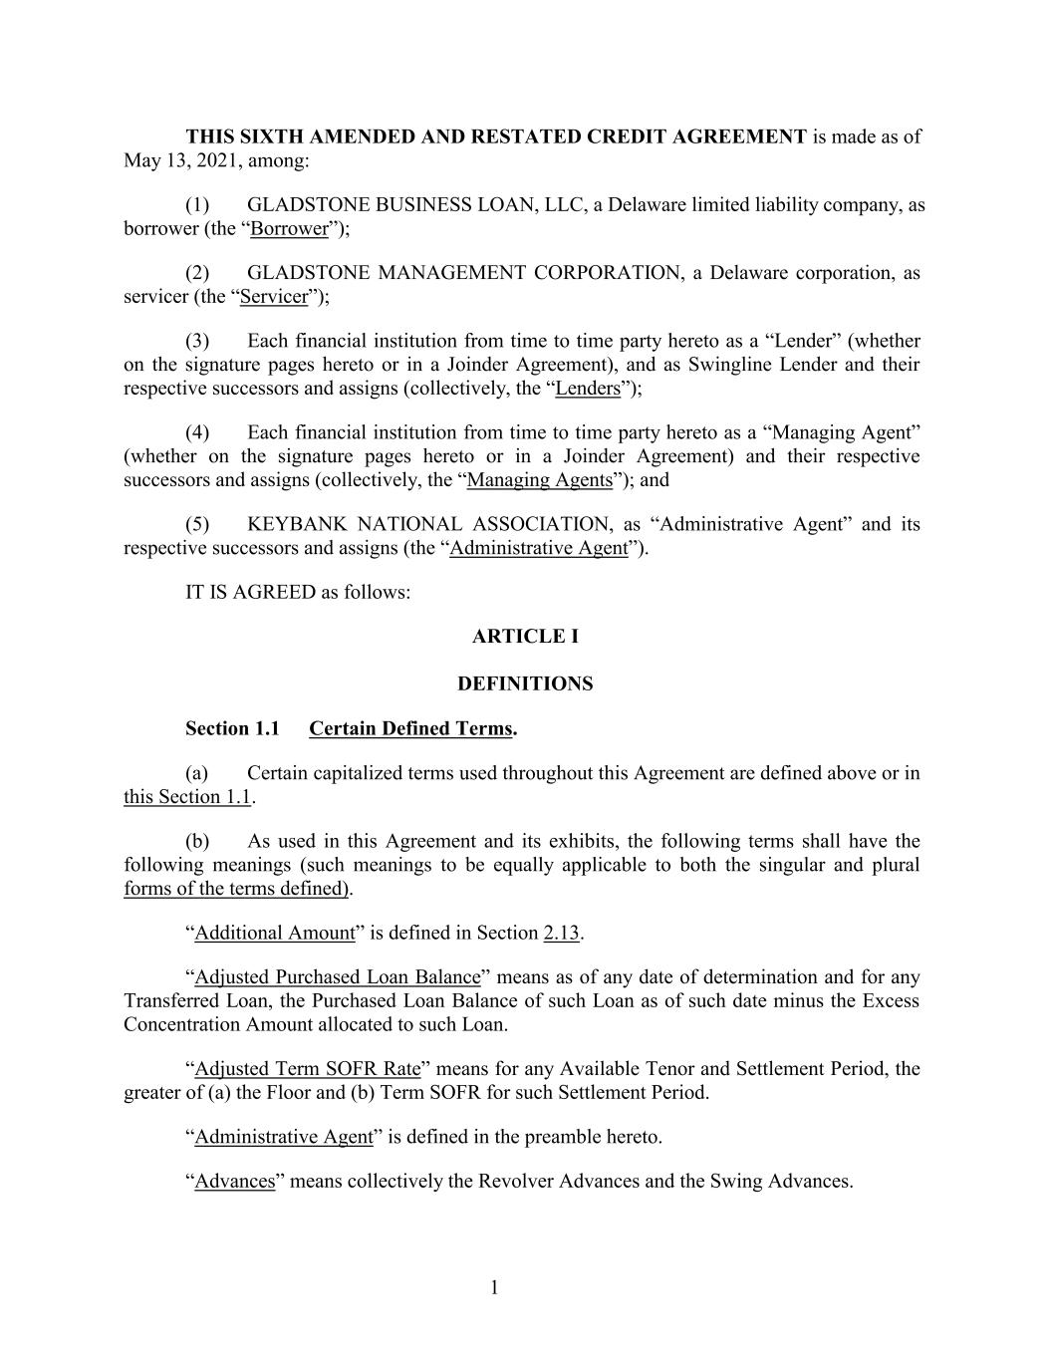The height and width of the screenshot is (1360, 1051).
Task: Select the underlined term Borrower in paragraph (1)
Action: (289, 228)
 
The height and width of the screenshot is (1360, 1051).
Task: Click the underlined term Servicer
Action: (274, 296)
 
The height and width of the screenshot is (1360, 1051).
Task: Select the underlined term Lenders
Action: (588, 388)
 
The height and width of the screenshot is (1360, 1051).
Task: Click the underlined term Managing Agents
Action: (539, 479)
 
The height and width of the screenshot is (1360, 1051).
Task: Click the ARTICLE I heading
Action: (525, 636)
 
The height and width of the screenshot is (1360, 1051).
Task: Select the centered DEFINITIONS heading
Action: (525, 683)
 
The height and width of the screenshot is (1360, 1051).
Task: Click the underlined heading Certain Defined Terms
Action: (410, 728)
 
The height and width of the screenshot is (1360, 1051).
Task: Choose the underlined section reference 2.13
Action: (561, 933)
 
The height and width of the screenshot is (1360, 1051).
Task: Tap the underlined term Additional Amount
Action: (275, 933)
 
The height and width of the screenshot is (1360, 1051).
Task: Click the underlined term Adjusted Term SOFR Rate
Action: (308, 1068)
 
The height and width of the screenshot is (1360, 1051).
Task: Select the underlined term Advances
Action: (234, 1181)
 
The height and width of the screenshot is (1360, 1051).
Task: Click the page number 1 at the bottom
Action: (494, 1288)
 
